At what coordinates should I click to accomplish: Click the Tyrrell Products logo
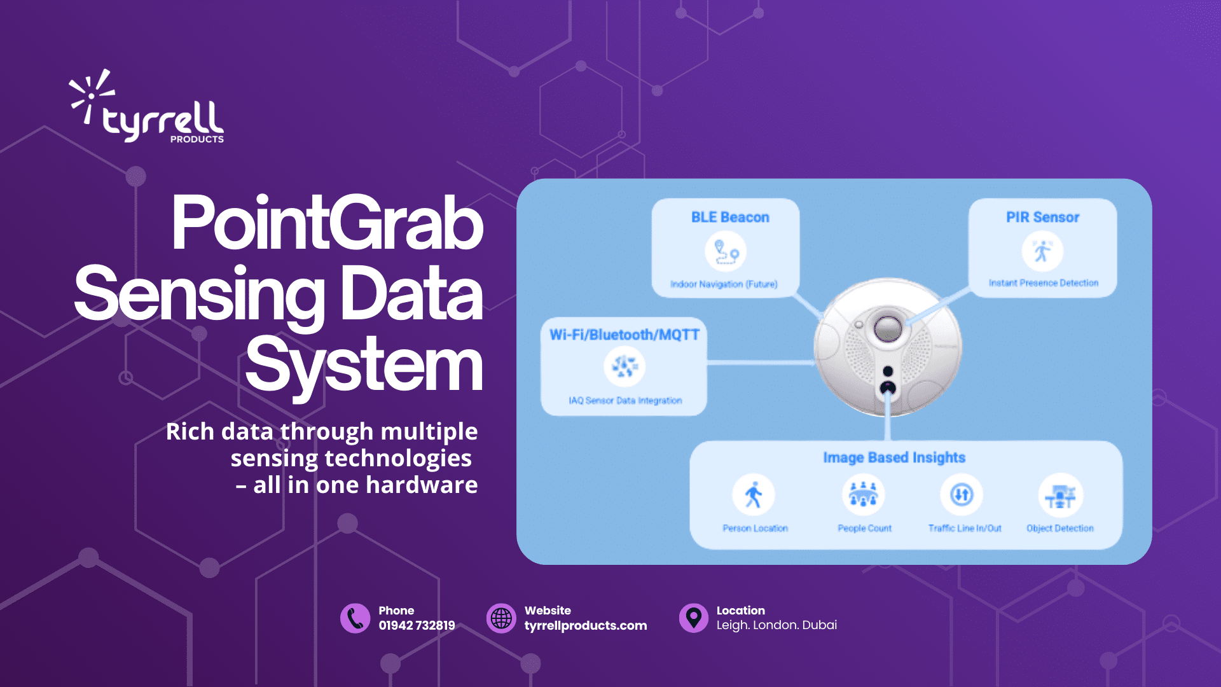pos(146,106)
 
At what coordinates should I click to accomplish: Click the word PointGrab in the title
pos(328,223)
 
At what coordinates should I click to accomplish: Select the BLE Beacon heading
pos(730,218)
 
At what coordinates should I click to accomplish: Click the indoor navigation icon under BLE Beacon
pos(726,251)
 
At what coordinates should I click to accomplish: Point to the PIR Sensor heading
pos(1042,218)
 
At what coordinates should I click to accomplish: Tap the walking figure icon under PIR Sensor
pos(1042,251)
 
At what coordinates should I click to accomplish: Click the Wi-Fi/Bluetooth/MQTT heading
pos(624,335)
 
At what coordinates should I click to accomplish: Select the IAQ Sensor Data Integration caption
pos(625,401)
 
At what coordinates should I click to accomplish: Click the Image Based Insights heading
pos(894,457)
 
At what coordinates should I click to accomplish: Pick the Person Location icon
pos(754,495)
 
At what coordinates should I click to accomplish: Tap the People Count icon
pos(864,495)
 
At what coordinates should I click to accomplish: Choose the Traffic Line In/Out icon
pos(962,495)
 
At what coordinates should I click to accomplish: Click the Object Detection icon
pos(1060,495)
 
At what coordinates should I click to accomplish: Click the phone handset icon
pos(355,618)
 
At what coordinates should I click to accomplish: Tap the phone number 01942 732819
pos(417,625)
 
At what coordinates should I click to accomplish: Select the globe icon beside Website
pos(501,618)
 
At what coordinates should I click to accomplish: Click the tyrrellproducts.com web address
pos(586,626)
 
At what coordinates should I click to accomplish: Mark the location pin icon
pos(693,618)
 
